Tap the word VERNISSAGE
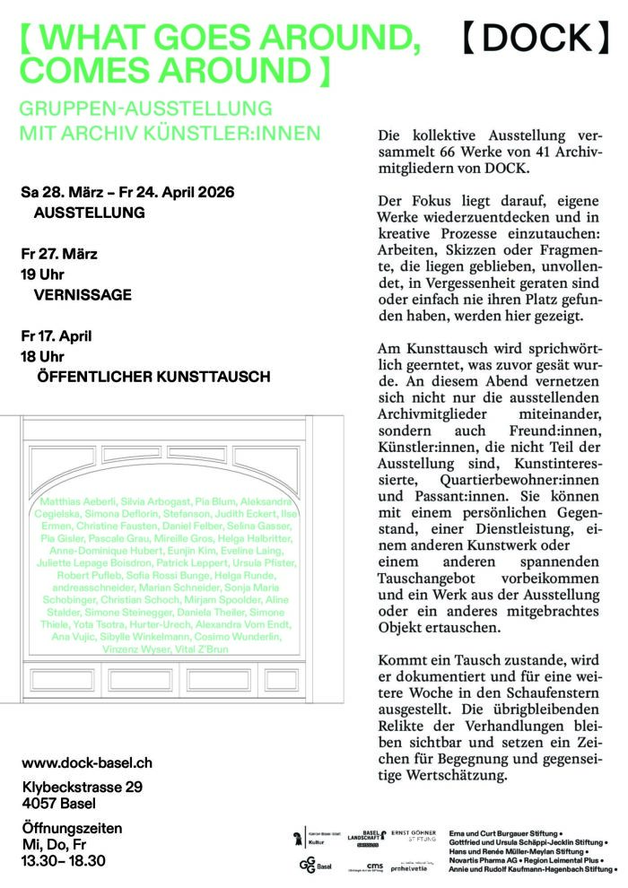(83, 294)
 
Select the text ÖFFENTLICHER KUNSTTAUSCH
(153, 378)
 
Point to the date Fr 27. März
(60, 254)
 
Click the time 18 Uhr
(43, 357)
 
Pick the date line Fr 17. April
(58, 336)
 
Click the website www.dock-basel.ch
(87, 762)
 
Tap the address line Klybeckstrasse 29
(83, 787)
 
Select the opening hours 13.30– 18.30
(64, 860)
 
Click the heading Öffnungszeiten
(72, 827)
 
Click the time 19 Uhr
(43, 274)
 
